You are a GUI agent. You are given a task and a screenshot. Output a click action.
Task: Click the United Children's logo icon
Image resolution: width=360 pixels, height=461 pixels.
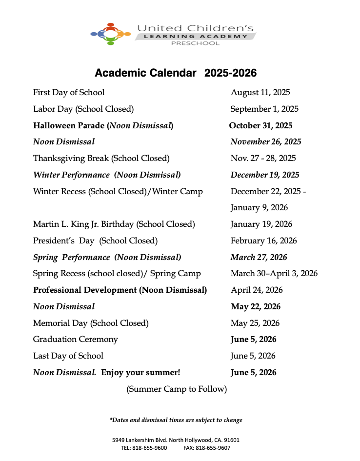(x=111, y=34)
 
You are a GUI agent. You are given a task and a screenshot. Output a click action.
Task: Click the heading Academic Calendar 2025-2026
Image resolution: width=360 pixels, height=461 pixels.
(x=176, y=73)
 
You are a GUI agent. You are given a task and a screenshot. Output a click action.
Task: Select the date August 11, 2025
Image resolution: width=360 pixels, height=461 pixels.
(x=260, y=92)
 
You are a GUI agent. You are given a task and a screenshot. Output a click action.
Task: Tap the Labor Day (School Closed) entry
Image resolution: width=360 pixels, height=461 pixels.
(x=83, y=109)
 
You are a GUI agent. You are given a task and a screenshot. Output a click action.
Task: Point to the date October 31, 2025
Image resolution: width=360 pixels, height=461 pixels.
(x=260, y=125)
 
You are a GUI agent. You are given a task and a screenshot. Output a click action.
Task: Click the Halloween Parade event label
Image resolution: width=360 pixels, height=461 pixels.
(x=103, y=125)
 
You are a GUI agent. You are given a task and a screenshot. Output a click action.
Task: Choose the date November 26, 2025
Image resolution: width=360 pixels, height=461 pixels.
(x=266, y=142)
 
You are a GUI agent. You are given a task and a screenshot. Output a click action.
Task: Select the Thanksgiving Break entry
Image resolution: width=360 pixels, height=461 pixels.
(x=101, y=158)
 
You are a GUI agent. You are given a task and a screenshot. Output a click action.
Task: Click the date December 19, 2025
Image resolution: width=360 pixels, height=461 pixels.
(x=265, y=175)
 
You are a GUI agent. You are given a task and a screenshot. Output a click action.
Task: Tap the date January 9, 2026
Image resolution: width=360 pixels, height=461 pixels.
(x=259, y=208)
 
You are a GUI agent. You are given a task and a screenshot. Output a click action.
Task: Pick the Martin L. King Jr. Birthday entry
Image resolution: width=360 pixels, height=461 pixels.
(x=114, y=224)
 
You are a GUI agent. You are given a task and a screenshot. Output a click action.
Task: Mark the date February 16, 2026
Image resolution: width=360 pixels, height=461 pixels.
(x=263, y=241)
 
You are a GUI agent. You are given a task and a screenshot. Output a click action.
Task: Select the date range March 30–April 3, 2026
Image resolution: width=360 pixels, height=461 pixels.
(x=274, y=273)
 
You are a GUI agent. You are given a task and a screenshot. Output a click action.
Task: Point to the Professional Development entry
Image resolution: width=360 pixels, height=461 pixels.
(x=120, y=290)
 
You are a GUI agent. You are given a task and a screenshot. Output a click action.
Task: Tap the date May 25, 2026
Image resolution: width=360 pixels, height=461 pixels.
(x=255, y=323)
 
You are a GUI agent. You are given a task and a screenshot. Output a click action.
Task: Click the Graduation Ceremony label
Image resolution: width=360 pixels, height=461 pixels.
(x=76, y=339)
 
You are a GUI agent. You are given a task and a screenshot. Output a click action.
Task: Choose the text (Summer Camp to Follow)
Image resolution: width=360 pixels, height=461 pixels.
(x=177, y=389)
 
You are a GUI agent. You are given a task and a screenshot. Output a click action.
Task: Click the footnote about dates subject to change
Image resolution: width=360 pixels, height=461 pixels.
(x=176, y=420)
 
